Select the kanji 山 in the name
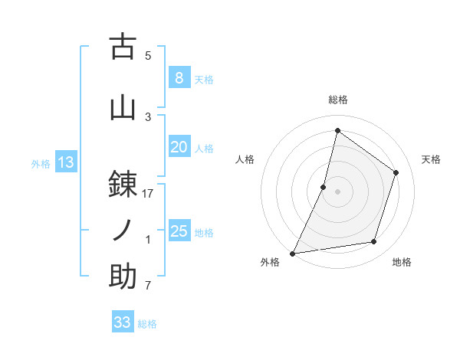click(x=123, y=108)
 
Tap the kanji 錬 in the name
click(x=123, y=184)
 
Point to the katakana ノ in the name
click(x=123, y=230)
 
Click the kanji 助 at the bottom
click(x=123, y=277)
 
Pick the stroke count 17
click(x=148, y=193)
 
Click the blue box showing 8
click(x=179, y=78)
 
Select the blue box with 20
click(x=179, y=148)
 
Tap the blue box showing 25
click(x=179, y=231)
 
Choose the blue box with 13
click(x=65, y=162)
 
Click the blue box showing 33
click(x=123, y=322)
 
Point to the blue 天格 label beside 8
click(x=204, y=79)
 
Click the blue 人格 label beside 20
click(x=204, y=149)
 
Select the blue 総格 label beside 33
click(x=147, y=323)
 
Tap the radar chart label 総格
click(x=337, y=100)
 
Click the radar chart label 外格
click(x=270, y=262)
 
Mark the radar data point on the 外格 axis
click(x=292, y=253)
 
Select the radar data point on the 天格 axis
click(x=396, y=172)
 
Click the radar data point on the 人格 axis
click(x=324, y=187)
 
